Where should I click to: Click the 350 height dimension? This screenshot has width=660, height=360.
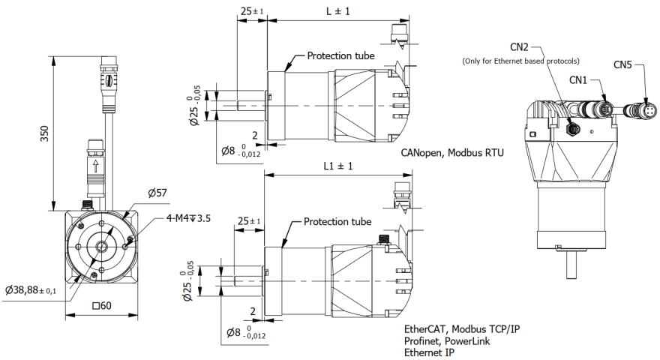tap(44, 133)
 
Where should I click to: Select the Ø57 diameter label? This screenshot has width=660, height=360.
tap(157, 193)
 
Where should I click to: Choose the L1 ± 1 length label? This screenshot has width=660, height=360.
tap(337, 166)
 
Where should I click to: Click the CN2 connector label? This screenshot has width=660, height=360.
tap(520, 46)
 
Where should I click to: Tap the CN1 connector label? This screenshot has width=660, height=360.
tap(577, 79)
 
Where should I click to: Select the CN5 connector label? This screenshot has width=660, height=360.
tap(622, 64)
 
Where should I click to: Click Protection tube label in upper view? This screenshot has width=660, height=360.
tap(340, 56)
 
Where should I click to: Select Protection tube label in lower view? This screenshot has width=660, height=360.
tap(337, 222)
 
